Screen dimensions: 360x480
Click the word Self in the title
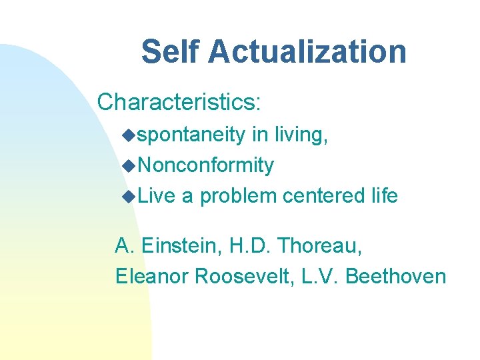(168, 52)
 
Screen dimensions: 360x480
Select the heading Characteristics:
(179, 102)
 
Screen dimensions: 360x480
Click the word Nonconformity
(206, 165)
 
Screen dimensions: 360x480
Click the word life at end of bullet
(383, 196)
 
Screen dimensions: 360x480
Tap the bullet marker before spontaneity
(129, 135)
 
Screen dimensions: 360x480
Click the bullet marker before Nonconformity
(129, 166)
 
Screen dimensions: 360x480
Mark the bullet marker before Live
(129, 197)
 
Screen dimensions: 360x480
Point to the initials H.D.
(249, 246)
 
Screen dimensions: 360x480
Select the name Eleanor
(151, 276)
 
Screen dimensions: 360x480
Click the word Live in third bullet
(157, 196)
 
